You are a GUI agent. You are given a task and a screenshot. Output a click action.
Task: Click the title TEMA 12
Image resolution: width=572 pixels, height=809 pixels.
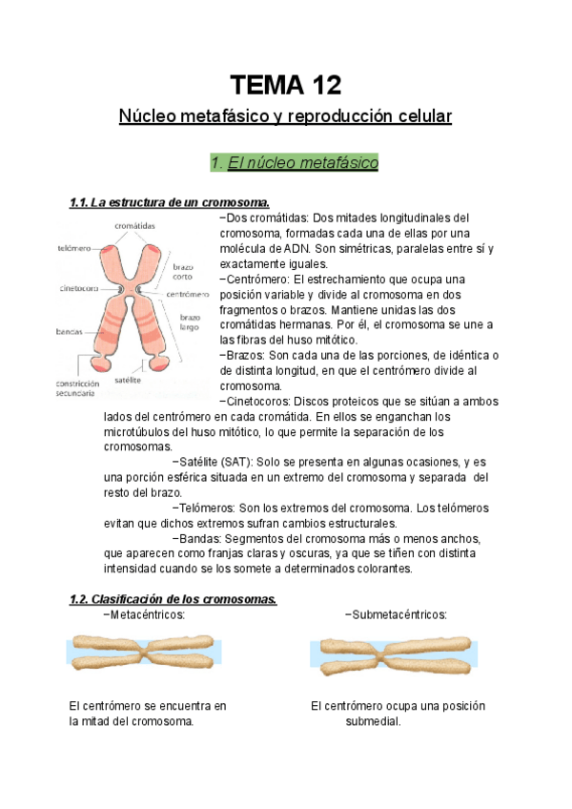point(285,85)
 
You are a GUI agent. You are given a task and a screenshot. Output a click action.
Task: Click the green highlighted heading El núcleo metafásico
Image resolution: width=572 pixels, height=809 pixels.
point(295,163)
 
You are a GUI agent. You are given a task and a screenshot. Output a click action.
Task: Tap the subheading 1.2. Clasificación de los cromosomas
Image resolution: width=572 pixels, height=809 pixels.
point(173,599)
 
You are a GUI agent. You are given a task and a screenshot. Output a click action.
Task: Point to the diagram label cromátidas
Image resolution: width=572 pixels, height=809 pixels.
point(135,226)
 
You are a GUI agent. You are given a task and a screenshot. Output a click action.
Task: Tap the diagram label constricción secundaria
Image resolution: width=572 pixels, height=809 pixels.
point(78,387)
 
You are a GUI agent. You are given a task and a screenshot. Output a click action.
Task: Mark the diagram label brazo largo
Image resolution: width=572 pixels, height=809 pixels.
point(190,322)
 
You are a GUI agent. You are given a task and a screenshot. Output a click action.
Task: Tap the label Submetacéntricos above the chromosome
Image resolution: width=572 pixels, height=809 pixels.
point(396,615)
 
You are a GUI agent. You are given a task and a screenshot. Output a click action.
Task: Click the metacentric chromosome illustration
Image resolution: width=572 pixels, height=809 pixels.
point(143,653)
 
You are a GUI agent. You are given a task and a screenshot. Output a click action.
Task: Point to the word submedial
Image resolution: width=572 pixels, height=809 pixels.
point(373,721)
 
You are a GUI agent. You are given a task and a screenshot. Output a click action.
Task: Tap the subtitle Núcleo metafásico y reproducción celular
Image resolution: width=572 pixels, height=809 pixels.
point(285,116)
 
